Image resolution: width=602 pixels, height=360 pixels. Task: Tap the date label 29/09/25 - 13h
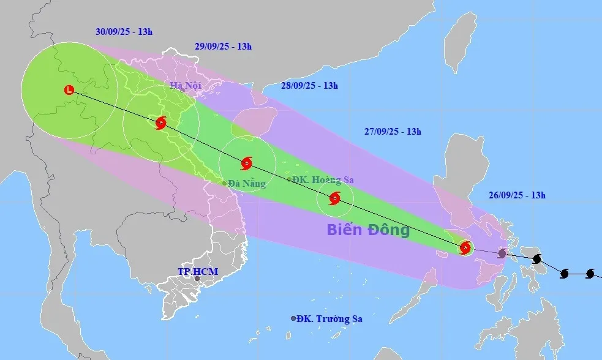(223, 46)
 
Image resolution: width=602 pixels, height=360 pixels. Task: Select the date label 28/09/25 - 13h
(309, 86)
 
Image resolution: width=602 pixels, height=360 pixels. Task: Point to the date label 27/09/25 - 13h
(393, 131)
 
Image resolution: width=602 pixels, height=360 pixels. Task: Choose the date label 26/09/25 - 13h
(517, 195)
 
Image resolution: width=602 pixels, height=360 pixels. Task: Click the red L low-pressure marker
(69, 90)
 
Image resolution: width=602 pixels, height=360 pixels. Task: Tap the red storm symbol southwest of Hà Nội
(160, 123)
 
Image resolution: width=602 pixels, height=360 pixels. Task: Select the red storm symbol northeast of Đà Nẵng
(246, 163)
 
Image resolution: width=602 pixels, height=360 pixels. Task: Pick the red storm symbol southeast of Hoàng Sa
(334, 198)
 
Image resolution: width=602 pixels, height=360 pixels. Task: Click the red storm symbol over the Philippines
(465, 247)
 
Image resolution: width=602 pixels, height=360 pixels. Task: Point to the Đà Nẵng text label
(247, 183)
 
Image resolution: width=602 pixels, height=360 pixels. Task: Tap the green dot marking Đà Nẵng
(224, 182)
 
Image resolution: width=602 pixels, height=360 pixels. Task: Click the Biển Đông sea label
(367, 230)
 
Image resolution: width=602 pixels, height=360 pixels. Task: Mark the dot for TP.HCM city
(197, 279)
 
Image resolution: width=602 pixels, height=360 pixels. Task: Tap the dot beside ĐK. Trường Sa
(293, 318)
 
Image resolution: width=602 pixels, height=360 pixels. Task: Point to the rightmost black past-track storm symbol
(590, 273)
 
